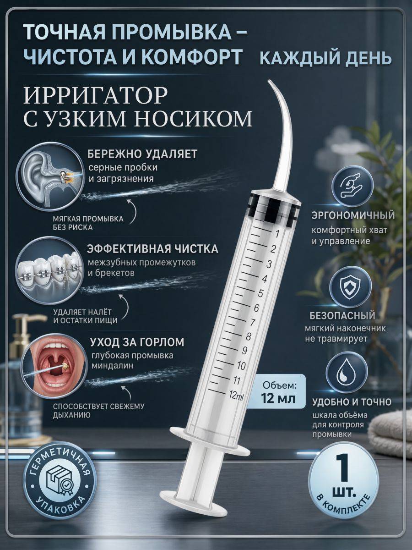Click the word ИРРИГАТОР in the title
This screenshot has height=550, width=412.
(x=96, y=95)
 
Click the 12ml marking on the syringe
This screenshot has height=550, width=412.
(x=236, y=396)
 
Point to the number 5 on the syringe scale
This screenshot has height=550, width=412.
(x=260, y=293)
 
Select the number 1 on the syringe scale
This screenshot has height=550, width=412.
(x=276, y=234)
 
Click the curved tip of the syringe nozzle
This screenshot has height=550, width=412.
(x=271, y=82)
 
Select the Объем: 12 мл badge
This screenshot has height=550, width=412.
(x=278, y=394)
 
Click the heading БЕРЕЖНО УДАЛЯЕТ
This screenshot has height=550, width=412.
(x=142, y=154)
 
